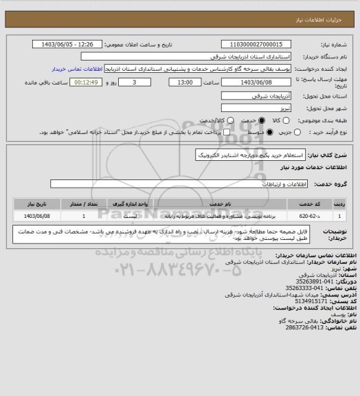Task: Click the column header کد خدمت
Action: (x=316, y=203)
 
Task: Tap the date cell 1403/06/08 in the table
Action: (x=37, y=215)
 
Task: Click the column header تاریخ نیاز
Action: (x=37, y=203)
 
